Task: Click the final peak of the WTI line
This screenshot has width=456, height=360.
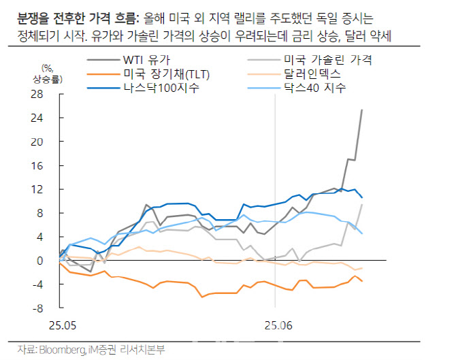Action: click(x=361, y=110)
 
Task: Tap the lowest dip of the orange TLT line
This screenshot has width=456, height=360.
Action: click(x=202, y=297)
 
